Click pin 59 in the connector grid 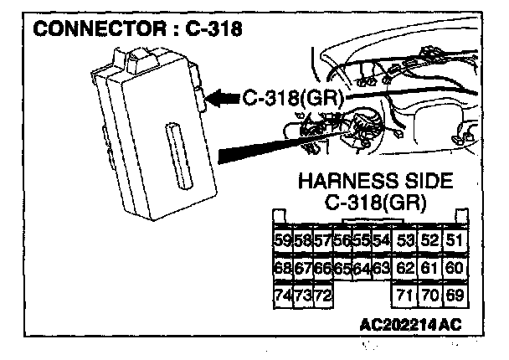click(283, 241)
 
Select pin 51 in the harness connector click(455, 241)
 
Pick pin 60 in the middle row click(455, 268)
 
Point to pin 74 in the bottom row click(283, 296)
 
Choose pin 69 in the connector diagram click(455, 296)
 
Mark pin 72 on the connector click(322, 296)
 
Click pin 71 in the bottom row click(405, 296)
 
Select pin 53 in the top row click(405, 241)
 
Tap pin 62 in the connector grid click(405, 268)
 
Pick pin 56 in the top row click(342, 241)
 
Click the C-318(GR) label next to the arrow click(291, 97)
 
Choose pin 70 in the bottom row click(430, 296)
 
